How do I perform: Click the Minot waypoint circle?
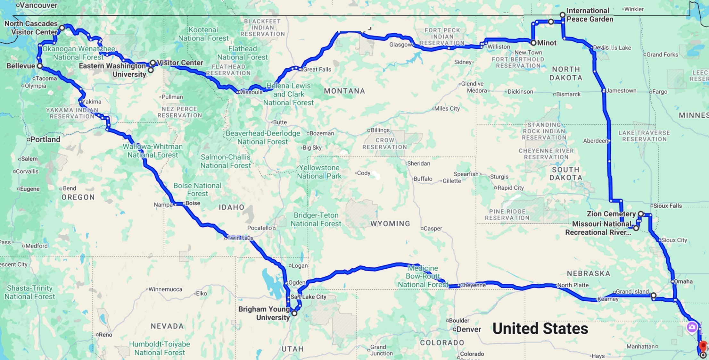533,43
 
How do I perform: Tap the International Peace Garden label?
589,15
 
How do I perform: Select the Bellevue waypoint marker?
40,66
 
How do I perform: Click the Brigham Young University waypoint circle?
294,313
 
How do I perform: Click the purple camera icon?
692,327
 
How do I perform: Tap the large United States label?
540,329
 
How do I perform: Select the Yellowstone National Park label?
319,172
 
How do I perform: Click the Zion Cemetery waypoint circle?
641,214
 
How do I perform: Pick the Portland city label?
45,139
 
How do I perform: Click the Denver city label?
469,329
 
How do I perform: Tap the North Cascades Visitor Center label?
31,28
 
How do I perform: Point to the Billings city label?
380,130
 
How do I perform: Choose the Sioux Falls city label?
667,205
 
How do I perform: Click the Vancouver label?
38,5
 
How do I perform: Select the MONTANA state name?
344,91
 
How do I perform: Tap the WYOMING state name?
390,223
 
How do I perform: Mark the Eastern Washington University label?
112,70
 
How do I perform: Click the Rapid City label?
510,188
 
